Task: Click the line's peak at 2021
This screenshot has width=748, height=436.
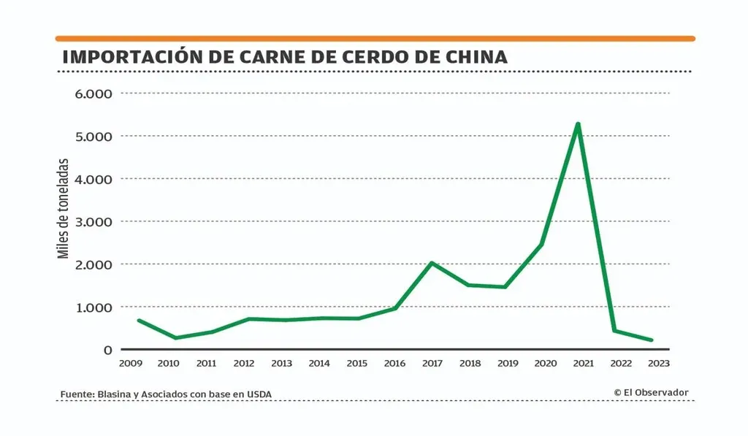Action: pos(578,124)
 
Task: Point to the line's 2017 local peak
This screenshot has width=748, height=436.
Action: pos(432,263)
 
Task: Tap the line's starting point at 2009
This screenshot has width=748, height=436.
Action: pos(138,320)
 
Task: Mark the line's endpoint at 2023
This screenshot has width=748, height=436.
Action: pos(651,340)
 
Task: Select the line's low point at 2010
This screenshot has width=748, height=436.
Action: pos(175,338)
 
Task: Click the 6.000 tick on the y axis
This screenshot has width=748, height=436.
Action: pos(94,93)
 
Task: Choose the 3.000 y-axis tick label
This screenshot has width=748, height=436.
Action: pos(94,221)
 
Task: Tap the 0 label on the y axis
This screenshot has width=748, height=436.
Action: pos(107,350)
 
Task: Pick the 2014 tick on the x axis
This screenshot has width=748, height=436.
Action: pos(319,363)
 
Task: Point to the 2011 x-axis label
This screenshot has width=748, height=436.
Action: pos(207,363)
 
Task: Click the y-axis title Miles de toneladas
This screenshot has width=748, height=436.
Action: pos(64,208)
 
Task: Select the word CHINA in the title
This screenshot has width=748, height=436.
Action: pos(475,57)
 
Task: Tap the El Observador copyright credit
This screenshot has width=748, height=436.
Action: pos(651,392)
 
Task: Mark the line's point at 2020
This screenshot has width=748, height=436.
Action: pos(541,245)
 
